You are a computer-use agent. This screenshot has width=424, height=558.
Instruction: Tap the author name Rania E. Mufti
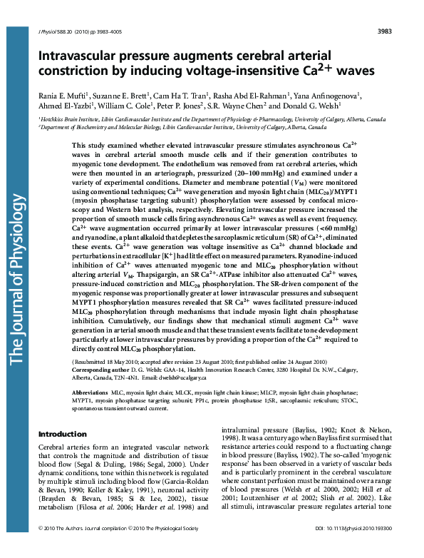[x=63, y=95]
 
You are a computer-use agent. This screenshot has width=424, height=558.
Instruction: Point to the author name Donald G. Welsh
[x=313, y=105]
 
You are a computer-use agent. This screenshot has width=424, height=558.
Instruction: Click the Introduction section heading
[x=62, y=434]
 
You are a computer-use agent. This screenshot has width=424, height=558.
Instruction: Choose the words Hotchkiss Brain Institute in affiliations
[x=65, y=119]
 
